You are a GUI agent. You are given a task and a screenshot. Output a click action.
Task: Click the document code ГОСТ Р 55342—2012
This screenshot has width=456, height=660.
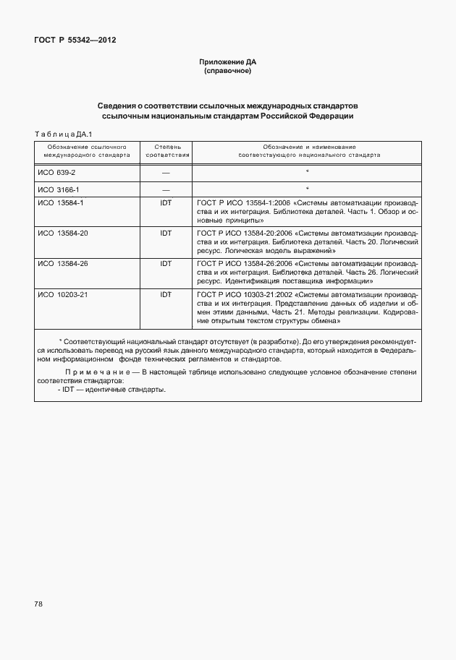click(x=75, y=40)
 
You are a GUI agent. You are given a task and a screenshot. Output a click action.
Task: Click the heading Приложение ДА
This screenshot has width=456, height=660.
click(x=228, y=62)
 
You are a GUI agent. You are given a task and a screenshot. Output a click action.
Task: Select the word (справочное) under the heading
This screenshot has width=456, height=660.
click(x=228, y=71)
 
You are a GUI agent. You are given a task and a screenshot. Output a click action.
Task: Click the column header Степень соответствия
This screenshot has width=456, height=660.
click(x=167, y=150)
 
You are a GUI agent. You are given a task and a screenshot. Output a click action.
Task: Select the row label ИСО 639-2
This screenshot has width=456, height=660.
click(x=56, y=173)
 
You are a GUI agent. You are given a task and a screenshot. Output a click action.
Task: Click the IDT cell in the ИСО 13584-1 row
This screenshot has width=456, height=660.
click(x=166, y=203)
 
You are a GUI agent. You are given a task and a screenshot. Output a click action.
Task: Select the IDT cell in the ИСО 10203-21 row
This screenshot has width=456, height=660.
click(x=166, y=294)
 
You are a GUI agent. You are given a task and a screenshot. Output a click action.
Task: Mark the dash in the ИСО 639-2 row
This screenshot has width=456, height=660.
click(x=166, y=173)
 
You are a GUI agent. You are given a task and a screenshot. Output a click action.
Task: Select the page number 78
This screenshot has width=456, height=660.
click(x=39, y=604)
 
